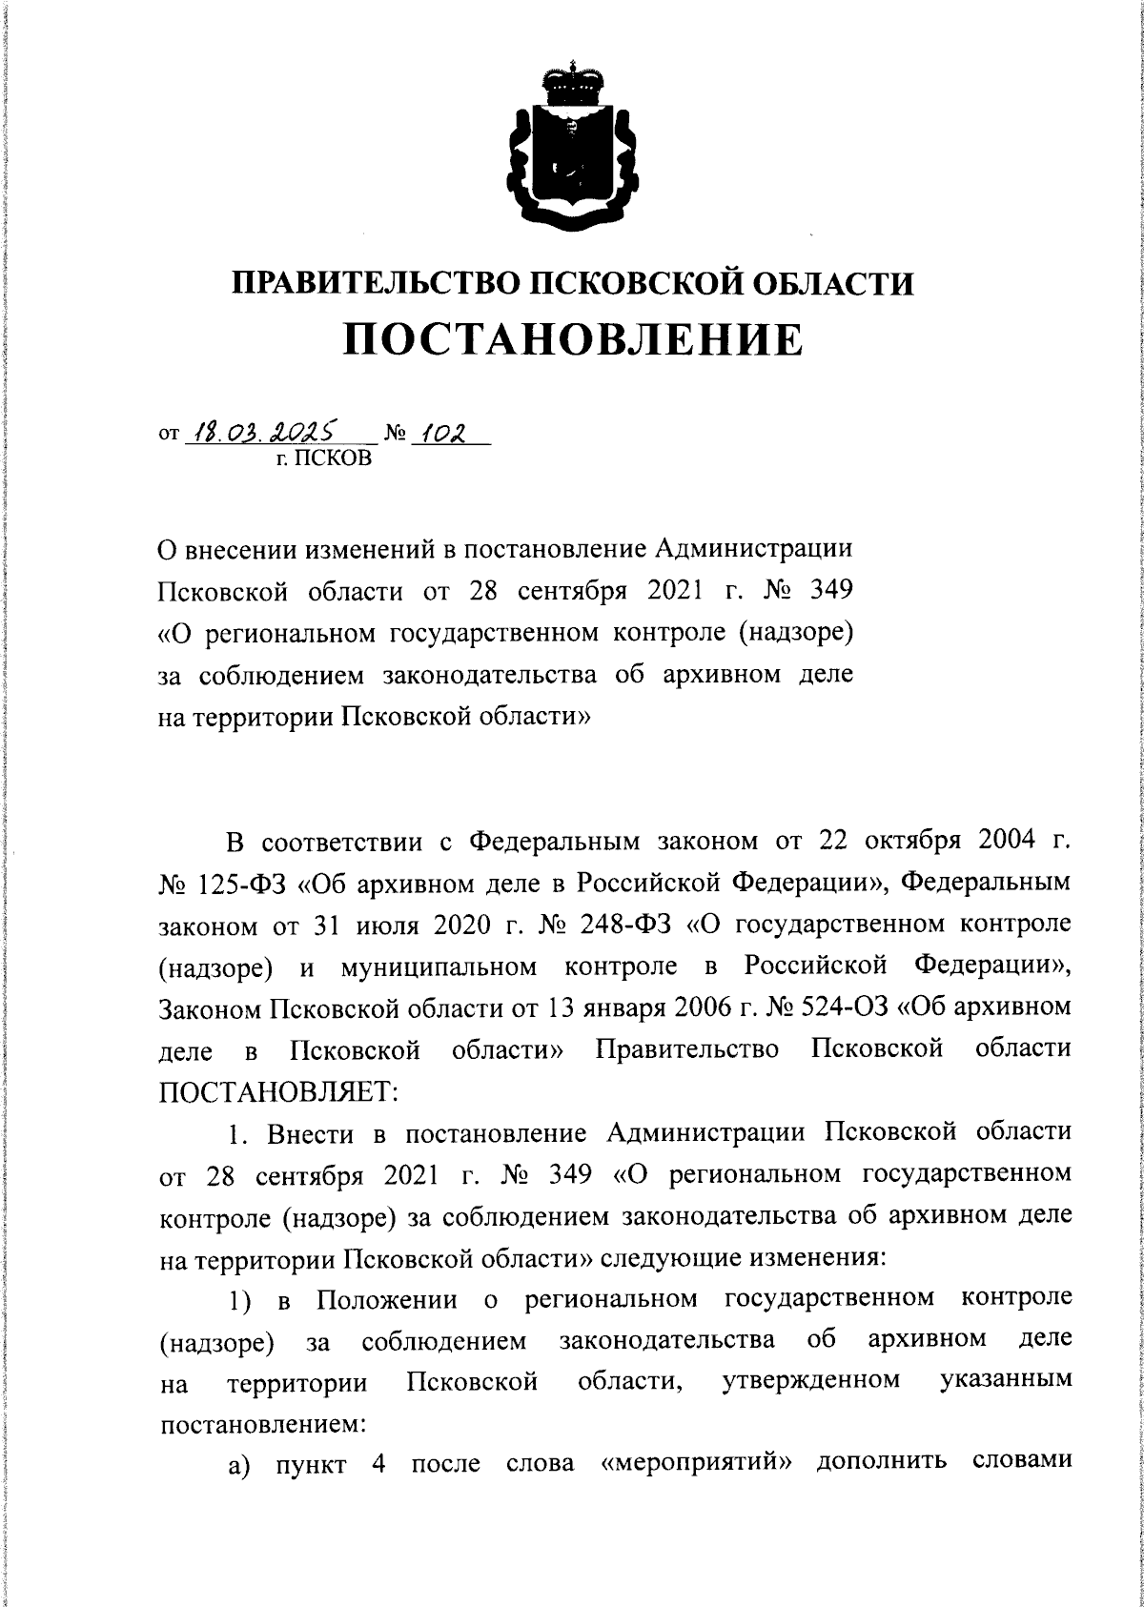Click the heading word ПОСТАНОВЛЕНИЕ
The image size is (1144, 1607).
(x=572, y=340)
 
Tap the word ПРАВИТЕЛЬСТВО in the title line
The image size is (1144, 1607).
(x=374, y=283)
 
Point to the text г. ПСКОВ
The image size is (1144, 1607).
(x=326, y=461)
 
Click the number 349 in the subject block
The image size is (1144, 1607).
(x=828, y=591)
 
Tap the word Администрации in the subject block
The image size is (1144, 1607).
(x=752, y=550)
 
